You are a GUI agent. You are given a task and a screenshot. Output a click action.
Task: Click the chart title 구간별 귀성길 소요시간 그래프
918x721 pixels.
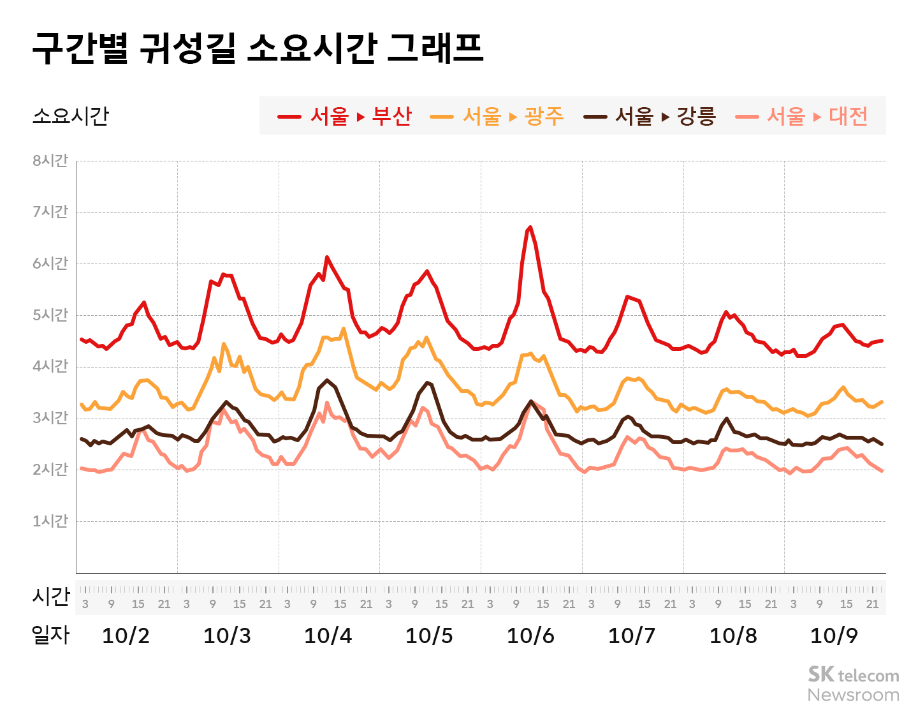[258, 48]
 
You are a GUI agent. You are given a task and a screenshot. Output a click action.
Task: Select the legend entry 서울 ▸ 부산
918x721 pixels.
[345, 116]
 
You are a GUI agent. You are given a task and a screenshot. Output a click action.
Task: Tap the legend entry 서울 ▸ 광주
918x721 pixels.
[497, 116]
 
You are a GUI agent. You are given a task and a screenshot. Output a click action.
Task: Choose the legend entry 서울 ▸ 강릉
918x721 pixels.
[650, 116]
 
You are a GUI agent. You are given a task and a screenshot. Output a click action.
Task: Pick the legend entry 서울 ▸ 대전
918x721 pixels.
[801, 116]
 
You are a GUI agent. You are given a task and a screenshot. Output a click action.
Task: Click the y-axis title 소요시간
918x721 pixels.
[71, 116]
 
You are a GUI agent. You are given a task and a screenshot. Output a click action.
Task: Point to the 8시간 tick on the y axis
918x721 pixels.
[50, 161]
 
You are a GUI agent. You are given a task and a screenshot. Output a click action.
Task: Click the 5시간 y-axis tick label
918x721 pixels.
[50, 315]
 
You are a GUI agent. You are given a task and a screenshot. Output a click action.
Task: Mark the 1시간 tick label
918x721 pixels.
[50, 521]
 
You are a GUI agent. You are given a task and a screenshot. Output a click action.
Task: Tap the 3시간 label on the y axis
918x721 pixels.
[50, 418]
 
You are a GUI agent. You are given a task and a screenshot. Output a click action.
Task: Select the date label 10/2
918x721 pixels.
[126, 636]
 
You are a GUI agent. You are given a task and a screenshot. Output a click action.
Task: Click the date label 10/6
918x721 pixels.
[530, 636]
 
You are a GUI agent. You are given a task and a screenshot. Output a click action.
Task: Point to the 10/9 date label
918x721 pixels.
[834, 636]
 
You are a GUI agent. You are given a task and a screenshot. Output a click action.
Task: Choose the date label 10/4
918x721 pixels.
[328, 636]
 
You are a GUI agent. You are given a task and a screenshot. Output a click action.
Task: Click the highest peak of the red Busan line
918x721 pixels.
[530, 227]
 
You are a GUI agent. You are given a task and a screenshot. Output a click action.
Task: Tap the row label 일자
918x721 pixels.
[50, 634]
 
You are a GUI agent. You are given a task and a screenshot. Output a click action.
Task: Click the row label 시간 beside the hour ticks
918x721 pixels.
[50, 597]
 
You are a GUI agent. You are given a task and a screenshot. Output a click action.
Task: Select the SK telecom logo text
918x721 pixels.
[853, 675]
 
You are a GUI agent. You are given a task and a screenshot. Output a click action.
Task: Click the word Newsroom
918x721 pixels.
[853, 695]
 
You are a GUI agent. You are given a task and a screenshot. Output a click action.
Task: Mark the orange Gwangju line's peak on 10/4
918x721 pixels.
[343, 329]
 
